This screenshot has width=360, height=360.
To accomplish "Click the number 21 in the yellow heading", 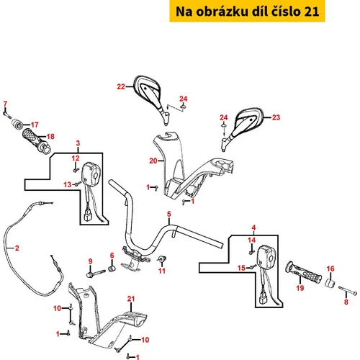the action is pyautogui.click(x=312, y=12).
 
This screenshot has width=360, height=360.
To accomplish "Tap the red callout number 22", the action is pyautogui.click(x=121, y=86).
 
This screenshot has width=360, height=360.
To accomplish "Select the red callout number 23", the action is pyautogui.click(x=276, y=117).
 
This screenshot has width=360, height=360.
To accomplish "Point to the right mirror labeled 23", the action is pyautogui.click(x=243, y=128).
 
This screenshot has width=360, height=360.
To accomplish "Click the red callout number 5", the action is pyautogui.click(x=169, y=214).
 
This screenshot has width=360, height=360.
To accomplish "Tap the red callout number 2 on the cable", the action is pyautogui.click(x=17, y=248).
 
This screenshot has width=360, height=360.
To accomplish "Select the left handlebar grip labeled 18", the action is pyautogui.click(x=37, y=140).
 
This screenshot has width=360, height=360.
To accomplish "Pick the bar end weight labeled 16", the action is pyautogui.click(x=330, y=282).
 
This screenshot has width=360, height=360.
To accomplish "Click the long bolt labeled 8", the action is pyautogui.click(x=348, y=290).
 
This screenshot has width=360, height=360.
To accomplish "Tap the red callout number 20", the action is pyautogui.click(x=153, y=161).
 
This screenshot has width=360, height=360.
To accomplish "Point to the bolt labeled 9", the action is pyautogui.click(x=96, y=274).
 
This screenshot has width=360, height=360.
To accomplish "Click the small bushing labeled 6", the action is pyautogui.click(x=112, y=269).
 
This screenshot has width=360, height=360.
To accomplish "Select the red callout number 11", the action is pyautogui.click(x=162, y=271).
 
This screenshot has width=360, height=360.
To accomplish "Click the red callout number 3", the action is pyautogui.click(x=78, y=143).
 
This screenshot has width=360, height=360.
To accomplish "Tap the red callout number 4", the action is pyautogui.click(x=253, y=228).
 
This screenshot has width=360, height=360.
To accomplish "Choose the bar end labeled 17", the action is pyautogui.click(x=18, y=124).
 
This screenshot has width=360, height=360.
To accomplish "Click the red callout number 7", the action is pyautogui.click(x=5, y=104).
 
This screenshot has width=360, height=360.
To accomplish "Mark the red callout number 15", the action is pyautogui.click(x=241, y=268).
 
